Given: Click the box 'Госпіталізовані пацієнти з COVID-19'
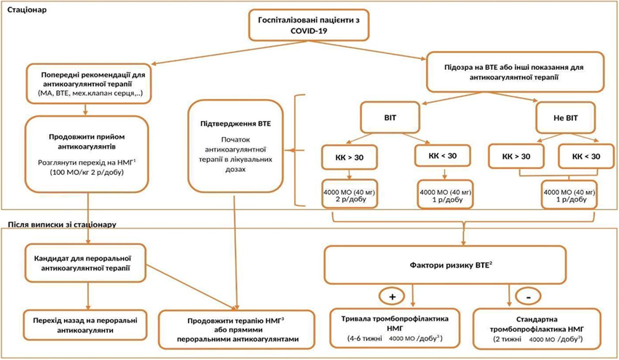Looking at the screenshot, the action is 308,25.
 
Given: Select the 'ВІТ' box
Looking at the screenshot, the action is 390,117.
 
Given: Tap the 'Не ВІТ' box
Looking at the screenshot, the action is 565,117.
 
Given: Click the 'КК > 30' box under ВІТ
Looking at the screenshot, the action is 350,157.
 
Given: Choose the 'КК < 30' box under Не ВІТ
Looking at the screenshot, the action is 586,156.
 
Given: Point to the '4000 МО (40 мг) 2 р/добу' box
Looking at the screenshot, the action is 350,194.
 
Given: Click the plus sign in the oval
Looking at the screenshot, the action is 392,297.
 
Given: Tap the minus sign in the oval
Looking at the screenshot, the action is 528,297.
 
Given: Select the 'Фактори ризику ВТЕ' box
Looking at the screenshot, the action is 445,265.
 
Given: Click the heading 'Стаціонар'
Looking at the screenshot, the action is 27,9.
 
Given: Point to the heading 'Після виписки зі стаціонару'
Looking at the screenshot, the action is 62,224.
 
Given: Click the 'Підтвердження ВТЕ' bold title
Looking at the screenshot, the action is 236,124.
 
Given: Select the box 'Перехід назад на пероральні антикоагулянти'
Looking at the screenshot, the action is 85,325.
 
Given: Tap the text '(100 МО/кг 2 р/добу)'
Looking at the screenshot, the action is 87,173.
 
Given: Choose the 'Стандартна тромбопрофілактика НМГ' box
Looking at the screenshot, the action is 537,329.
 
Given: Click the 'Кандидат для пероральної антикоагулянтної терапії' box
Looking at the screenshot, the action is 85,263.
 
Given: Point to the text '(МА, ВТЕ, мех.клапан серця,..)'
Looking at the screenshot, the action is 90,93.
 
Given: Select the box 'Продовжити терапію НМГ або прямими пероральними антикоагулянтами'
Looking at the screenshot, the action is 236,329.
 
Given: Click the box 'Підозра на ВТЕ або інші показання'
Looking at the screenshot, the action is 515,72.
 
